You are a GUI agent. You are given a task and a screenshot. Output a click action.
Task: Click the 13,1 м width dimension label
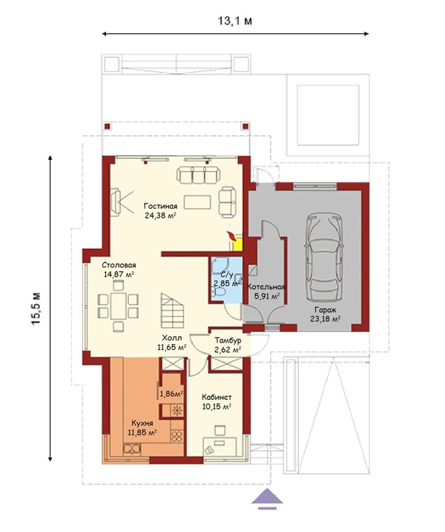234,21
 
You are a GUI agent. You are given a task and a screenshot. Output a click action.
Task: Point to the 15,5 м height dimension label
36,308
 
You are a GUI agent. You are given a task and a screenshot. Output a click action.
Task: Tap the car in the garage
323,258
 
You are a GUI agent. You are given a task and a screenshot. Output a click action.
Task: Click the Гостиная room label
160,207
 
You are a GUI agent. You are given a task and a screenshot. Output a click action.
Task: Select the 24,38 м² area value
160,215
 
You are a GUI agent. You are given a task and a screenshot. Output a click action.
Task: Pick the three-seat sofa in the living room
198,175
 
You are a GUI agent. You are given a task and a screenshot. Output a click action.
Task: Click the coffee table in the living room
197,202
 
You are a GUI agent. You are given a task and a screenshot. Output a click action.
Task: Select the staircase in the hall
173,310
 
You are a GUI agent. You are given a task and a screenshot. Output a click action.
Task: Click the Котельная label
266,287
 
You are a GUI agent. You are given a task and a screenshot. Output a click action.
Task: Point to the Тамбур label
228,340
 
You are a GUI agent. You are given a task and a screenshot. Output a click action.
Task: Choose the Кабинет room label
217,398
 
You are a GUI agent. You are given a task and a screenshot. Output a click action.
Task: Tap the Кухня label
142,424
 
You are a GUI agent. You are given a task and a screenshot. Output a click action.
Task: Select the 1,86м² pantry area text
171,394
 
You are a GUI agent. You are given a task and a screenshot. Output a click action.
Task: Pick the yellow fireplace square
237,244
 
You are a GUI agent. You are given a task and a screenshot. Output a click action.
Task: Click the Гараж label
326,310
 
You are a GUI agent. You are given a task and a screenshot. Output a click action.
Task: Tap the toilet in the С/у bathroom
219,293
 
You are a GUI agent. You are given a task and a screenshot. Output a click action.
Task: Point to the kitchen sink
133,449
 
